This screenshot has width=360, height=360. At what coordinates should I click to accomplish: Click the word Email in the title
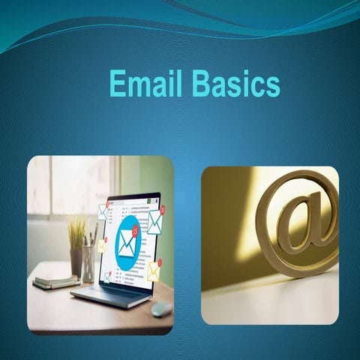tap(146, 83)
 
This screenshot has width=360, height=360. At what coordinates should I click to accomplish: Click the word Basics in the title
tap(235, 83)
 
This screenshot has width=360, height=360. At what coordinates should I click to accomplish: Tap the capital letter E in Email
tap(117, 83)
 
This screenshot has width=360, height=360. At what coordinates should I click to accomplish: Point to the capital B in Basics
tap(199, 83)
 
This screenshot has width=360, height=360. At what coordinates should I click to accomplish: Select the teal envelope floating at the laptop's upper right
tap(155, 221)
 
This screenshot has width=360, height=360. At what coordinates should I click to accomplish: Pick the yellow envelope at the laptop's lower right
tap(153, 270)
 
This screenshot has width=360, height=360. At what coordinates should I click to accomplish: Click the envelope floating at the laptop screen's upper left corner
tap(103, 211)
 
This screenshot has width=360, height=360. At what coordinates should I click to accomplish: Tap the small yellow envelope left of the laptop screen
tap(102, 245)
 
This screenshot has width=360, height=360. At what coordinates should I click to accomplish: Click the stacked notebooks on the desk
tap(55, 281)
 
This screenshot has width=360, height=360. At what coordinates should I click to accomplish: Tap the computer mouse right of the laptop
tap(160, 308)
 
